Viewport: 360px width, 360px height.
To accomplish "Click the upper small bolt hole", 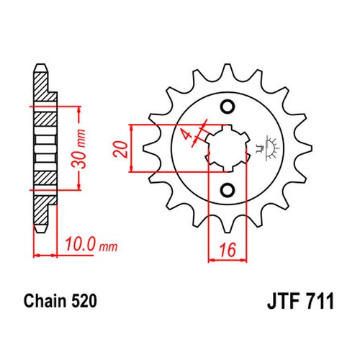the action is (228, 107).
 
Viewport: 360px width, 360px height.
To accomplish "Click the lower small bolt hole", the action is (228, 190).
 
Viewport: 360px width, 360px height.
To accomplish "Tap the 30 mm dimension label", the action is (79, 149).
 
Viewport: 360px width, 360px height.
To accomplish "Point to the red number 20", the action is (120, 149).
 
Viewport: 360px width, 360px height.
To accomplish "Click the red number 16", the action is (228, 250).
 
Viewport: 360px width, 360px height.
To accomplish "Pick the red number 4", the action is (187, 135).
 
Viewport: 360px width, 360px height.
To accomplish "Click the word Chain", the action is (45, 301).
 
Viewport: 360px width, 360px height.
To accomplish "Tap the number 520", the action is (84, 301).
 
